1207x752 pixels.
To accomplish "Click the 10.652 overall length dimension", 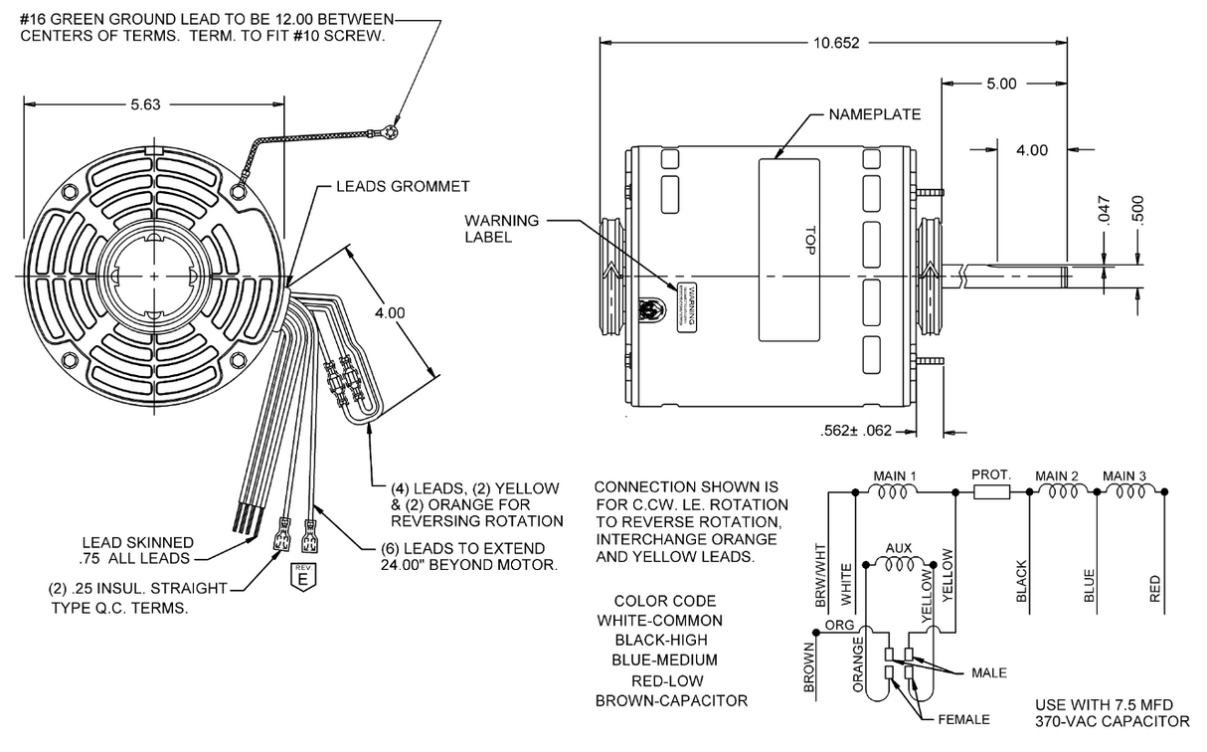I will coord(834,43).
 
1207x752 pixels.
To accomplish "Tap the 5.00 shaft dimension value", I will coord(1001,84).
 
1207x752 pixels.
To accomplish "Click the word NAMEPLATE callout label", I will coord(875,114).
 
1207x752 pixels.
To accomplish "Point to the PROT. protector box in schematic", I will coord(990,491).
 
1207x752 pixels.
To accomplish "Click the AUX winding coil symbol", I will coord(899,564).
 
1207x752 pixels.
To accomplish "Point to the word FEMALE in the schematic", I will coord(963,719).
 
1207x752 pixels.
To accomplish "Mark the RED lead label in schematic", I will coord(1154,588).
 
